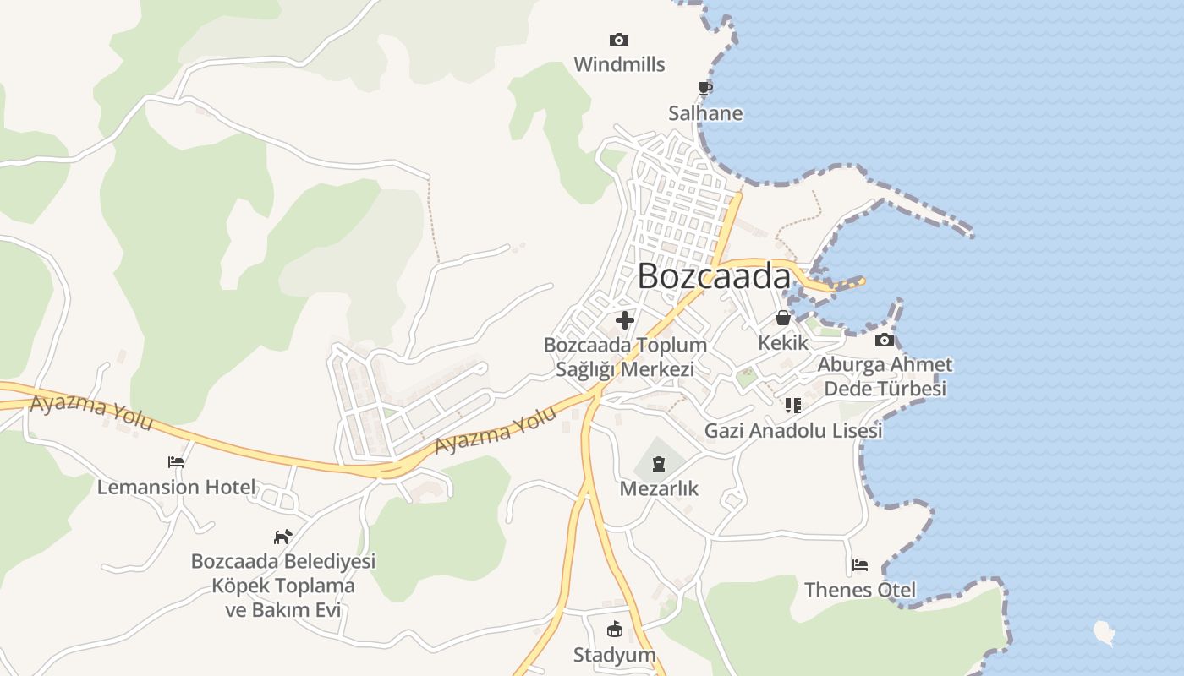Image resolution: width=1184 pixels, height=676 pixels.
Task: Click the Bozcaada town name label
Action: [714, 276]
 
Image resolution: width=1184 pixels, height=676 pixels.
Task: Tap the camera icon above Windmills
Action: [619, 40]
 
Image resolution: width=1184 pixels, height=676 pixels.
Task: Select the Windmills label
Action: [619, 64]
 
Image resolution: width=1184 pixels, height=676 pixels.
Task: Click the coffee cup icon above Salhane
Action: [705, 88]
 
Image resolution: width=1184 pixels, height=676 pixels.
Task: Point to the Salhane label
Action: [705, 113]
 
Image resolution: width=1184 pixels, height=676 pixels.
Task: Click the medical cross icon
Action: [625, 320]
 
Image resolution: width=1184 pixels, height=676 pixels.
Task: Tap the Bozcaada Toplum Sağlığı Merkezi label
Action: [625, 357]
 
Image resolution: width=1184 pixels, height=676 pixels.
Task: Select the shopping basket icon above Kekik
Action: [783, 318]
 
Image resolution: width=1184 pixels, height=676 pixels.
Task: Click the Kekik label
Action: [783, 343]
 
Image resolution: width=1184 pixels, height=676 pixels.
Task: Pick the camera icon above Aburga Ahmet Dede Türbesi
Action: [885, 340]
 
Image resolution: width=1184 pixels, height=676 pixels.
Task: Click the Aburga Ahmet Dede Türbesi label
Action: [885, 377]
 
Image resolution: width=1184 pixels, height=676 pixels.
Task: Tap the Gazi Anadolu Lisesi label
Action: [793, 430]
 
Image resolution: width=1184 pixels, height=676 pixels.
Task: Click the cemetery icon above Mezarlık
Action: [659, 463]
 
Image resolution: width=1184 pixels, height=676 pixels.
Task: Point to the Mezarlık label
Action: [659, 488]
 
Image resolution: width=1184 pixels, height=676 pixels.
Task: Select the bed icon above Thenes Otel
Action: [860, 564]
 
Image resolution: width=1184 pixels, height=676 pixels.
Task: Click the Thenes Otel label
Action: [860, 589]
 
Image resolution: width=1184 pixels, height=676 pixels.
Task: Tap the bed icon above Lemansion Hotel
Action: [176, 462]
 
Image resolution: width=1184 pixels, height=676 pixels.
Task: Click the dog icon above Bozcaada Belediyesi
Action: [282, 537]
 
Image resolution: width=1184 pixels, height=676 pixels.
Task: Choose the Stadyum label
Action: [615, 655]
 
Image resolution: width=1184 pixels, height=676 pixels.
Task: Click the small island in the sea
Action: [1104, 631]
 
